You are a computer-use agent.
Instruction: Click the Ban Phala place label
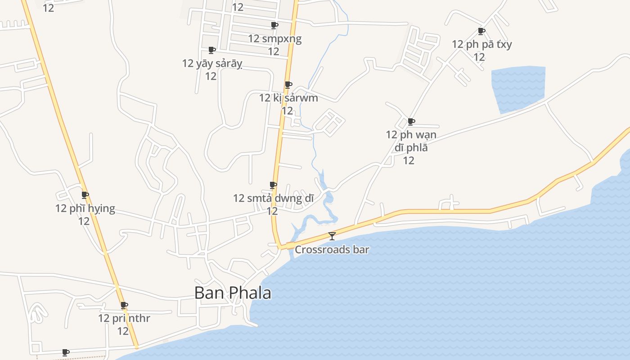[233, 293]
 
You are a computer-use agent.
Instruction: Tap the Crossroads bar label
[332, 249]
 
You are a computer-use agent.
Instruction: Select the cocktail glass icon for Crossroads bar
[332, 236]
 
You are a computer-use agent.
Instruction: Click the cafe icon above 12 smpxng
[274, 25]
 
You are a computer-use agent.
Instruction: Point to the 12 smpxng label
[274, 39]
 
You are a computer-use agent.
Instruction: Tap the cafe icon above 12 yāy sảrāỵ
[211, 50]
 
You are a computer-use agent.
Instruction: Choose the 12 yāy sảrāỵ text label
[212, 63]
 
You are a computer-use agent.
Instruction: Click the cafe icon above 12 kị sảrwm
[288, 85]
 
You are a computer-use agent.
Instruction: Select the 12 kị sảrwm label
[288, 98]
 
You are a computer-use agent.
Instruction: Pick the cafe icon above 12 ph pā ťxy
[481, 31]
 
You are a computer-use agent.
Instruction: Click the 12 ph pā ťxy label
[481, 44]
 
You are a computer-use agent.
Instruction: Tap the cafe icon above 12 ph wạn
[411, 121]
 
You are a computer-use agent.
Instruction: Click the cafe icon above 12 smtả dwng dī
[273, 185]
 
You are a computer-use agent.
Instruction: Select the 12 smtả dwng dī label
[273, 198]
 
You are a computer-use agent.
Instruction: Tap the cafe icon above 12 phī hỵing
[85, 195]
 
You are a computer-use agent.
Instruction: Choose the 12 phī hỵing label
[85, 208]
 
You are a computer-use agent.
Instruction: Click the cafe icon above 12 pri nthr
[124, 305]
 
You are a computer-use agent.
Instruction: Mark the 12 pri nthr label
[124, 319]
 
